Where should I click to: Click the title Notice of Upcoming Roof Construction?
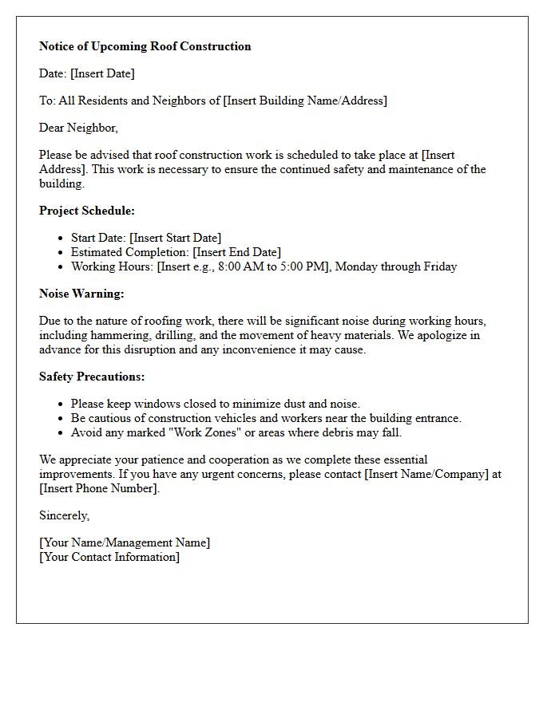[145, 46]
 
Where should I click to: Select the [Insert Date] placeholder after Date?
[102, 73]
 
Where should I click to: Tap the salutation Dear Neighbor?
[78, 128]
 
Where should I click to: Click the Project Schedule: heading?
[87, 211]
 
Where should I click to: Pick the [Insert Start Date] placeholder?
[175, 238]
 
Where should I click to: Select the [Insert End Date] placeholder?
[237, 252]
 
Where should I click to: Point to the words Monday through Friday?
[396, 266]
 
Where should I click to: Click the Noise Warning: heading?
[81, 294]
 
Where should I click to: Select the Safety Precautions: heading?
[92, 377]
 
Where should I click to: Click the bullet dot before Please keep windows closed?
[61, 404]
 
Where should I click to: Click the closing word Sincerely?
[64, 515]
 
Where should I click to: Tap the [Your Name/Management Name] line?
[125, 542]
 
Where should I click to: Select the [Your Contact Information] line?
[109, 557]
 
